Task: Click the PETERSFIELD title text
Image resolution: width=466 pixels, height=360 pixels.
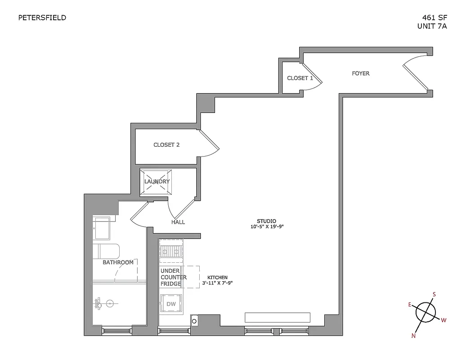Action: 42,18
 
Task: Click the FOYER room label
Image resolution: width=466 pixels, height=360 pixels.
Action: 361,73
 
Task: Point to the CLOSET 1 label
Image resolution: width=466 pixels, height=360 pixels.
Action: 300,78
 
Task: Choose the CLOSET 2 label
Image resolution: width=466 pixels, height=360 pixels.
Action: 166,145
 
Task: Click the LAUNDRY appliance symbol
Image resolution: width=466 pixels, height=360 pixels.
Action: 157,182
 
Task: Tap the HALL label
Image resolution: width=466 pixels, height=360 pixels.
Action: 178,222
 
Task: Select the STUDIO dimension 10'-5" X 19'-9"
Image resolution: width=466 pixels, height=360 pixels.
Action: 267,227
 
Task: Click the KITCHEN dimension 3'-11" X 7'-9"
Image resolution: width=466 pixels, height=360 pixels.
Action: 217,283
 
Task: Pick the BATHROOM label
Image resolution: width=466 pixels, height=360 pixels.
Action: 118,262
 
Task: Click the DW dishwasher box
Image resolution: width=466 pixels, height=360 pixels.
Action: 171,304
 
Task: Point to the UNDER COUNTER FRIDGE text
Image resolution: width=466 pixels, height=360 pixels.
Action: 173,277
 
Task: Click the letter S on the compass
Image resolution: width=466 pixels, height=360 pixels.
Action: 434,295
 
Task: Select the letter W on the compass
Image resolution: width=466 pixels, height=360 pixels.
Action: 444,320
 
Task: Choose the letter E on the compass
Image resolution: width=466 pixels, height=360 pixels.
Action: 410,305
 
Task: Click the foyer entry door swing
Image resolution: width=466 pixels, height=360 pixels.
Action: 415,72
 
